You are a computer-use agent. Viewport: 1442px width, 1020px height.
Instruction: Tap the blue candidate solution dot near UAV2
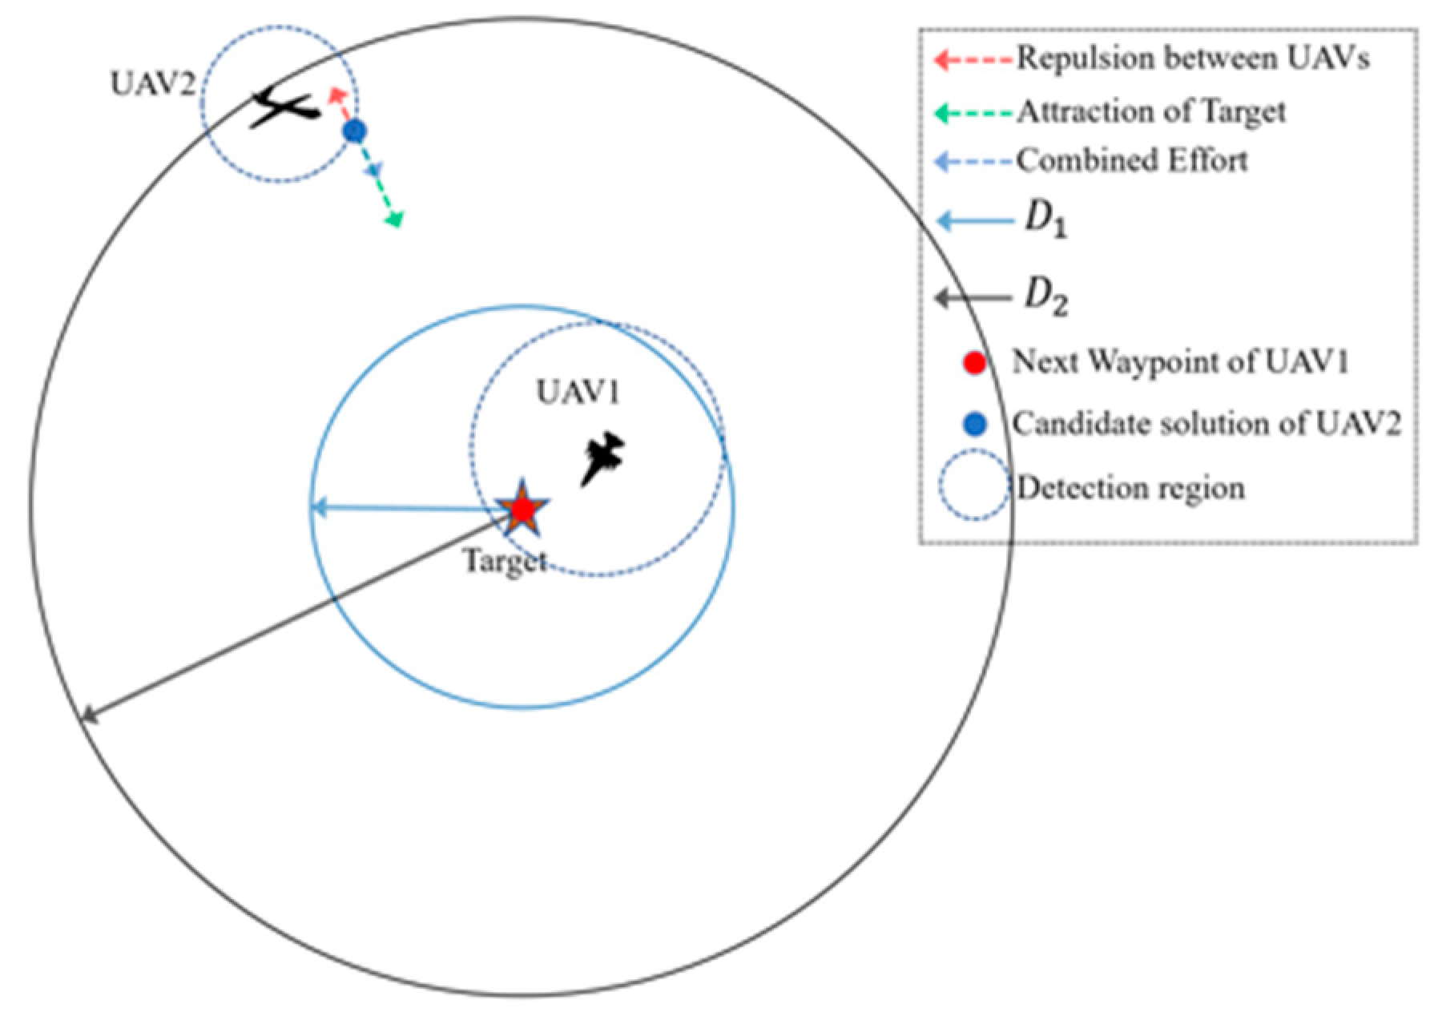[x=354, y=131]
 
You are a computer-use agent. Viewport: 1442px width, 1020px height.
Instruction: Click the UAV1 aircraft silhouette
[x=602, y=458]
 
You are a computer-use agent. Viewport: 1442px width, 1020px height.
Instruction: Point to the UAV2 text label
[x=152, y=83]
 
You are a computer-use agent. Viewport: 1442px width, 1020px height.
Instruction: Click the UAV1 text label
[x=578, y=393]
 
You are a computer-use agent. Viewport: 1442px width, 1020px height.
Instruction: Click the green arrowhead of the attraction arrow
[x=395, y=219]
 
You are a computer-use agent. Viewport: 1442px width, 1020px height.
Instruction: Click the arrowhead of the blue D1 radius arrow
[x=317, y=507]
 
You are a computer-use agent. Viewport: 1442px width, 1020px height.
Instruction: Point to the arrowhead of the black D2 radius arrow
[x=88, y=715]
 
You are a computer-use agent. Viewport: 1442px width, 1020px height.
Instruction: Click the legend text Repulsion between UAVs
[x=1193, y=58]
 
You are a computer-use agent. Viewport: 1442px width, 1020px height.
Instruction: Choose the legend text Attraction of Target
[x=1151, y=111]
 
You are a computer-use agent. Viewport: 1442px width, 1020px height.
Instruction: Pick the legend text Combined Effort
[x=1132, y=161]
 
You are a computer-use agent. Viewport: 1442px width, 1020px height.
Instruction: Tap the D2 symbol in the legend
[x=1045, y=299]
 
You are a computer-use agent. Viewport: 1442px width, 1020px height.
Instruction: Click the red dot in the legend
[x=974, y=362]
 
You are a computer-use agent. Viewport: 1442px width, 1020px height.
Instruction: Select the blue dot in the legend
[x=974, y=424]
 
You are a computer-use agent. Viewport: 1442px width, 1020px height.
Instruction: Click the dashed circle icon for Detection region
[x=974, y=487]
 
